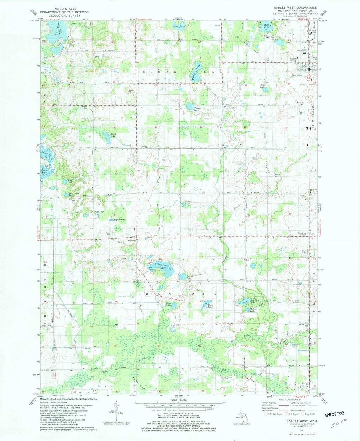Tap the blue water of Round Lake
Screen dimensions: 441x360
[x=182, y=277]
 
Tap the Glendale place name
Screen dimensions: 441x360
[x=129, y=243]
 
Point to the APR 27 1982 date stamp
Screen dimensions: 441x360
[x=335, y=414]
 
